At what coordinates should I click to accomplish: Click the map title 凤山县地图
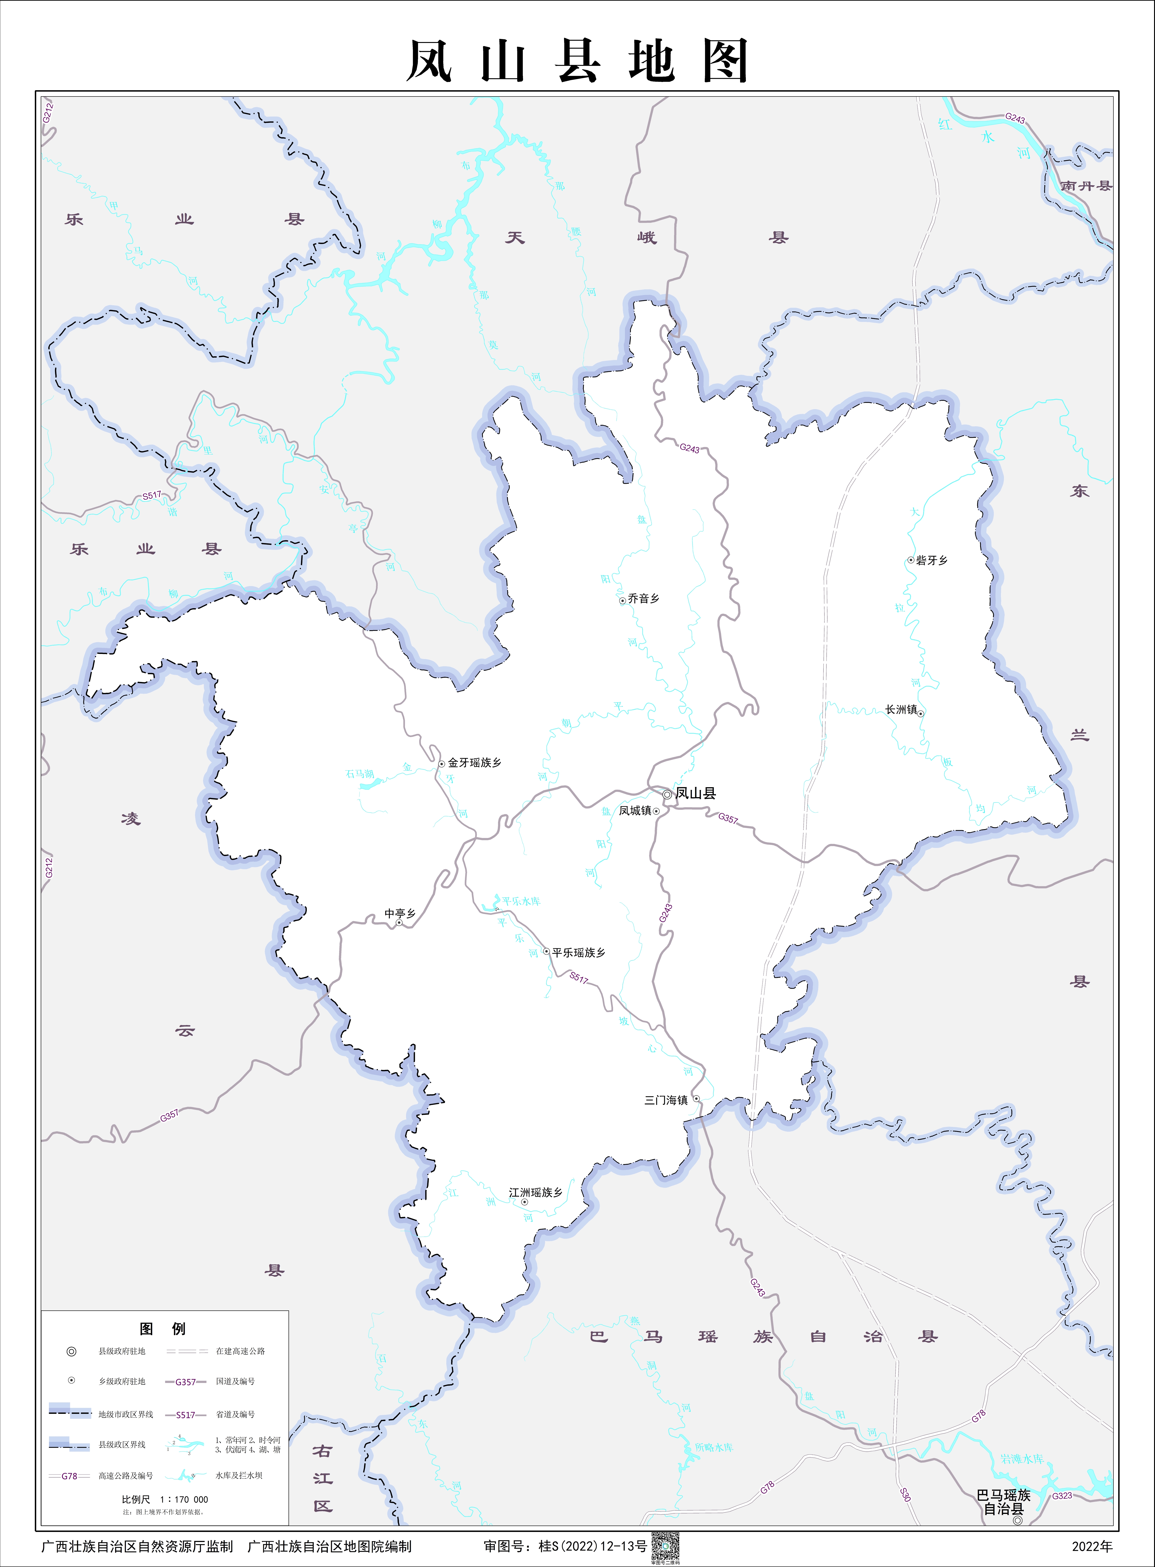(577, 61)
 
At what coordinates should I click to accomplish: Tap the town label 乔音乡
(643, 598)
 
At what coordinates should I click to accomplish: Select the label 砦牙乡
(932, 560)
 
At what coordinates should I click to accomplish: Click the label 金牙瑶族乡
(475, 762)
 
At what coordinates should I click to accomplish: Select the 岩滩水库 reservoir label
(1021, 1459)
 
